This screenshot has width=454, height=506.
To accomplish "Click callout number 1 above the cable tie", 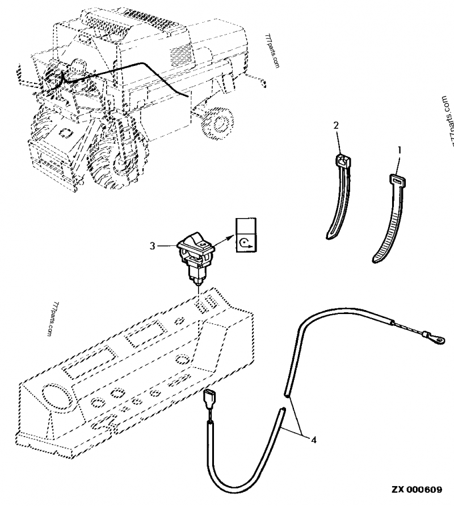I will (x=399, y=150).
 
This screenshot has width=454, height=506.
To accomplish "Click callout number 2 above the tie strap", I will (x=336, y=126).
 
